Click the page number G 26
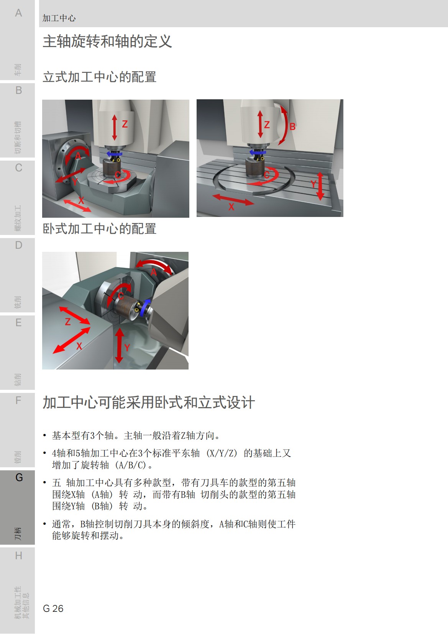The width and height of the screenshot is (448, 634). pos(53,608)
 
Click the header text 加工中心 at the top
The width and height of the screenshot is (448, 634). pos(59,18)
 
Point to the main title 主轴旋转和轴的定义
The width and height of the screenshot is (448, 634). pos(107,41)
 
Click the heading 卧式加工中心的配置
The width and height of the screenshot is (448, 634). pos(99,229)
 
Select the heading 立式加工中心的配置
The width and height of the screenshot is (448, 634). pos(99,77)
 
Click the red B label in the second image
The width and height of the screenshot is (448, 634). pos(292,126)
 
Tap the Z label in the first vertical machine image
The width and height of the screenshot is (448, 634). pos(125,124)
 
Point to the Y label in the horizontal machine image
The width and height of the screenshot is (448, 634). pos(127,348)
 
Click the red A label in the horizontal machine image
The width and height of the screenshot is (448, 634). pos(154,272)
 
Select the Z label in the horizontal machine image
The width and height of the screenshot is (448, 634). pos(68,322)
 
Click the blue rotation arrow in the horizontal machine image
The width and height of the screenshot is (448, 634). pos(145,309)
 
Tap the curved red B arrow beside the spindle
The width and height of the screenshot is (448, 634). pos(284,125)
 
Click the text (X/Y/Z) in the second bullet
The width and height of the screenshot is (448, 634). pos(222,453)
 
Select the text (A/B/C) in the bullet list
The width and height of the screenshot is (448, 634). pos(131,465)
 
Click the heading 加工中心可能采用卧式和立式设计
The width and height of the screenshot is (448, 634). pos(149,402)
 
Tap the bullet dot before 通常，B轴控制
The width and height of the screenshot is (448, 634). pos(44,524)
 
